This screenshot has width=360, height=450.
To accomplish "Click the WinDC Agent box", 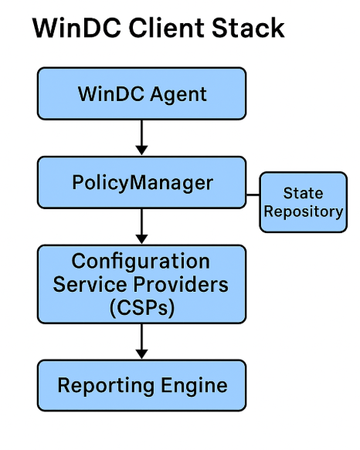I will pos(141,94).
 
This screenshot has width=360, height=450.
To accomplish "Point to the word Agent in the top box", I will pos(178,95).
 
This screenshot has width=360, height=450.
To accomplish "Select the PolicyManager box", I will pos(141,183).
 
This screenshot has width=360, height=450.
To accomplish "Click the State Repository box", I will pos(303,202).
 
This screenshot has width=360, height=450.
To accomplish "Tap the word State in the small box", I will pos(303,193).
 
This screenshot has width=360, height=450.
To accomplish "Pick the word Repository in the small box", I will pos(303,211).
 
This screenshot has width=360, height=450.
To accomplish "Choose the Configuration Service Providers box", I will pos(141,283).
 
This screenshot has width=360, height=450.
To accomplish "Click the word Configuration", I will pos(141,261).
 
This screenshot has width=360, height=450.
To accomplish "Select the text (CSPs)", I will pos(141,307).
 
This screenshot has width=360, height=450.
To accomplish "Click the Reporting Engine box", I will pos(141,385).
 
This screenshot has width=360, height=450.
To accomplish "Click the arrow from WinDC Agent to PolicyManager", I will pos(141,137).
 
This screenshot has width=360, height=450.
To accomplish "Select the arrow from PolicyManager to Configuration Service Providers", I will pos(141,226).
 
